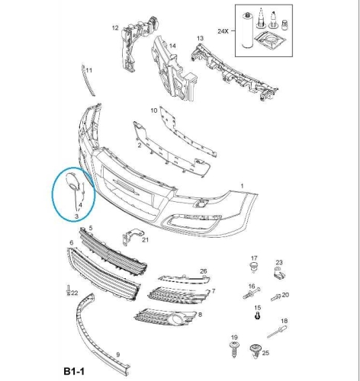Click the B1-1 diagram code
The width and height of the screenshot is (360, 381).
click(x=74, y=371)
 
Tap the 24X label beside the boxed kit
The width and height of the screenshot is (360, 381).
click(x=223, y=31)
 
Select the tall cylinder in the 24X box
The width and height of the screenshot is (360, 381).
click(x=246, y=30)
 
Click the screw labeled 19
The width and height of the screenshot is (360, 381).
click(x=234, y=350)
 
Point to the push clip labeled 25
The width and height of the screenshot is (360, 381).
click(x=255, y=351)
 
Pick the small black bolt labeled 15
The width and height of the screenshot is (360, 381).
click(x=257, y=316)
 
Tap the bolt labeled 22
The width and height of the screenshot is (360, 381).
click(x=68, y=290)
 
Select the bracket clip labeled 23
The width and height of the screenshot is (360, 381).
click(x=279, y=273)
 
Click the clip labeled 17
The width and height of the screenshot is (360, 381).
click(x=253, y=267)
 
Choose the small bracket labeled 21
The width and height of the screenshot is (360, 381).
click(x=132, y=237)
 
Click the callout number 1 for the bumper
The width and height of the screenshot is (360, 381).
click(x=242, y=186)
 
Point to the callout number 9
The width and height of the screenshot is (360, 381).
click(x=117, y=354)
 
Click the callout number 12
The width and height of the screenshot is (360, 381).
click(x=115, y=27)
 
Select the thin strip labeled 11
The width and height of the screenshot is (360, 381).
click(x=88, y=81)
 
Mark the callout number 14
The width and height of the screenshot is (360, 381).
click(x=172, y=46)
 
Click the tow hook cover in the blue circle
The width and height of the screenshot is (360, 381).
click(x=72, y=181)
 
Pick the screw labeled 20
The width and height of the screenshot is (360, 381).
click(x=276, y=297)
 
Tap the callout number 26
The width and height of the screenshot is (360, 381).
click(x=204, y=271)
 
